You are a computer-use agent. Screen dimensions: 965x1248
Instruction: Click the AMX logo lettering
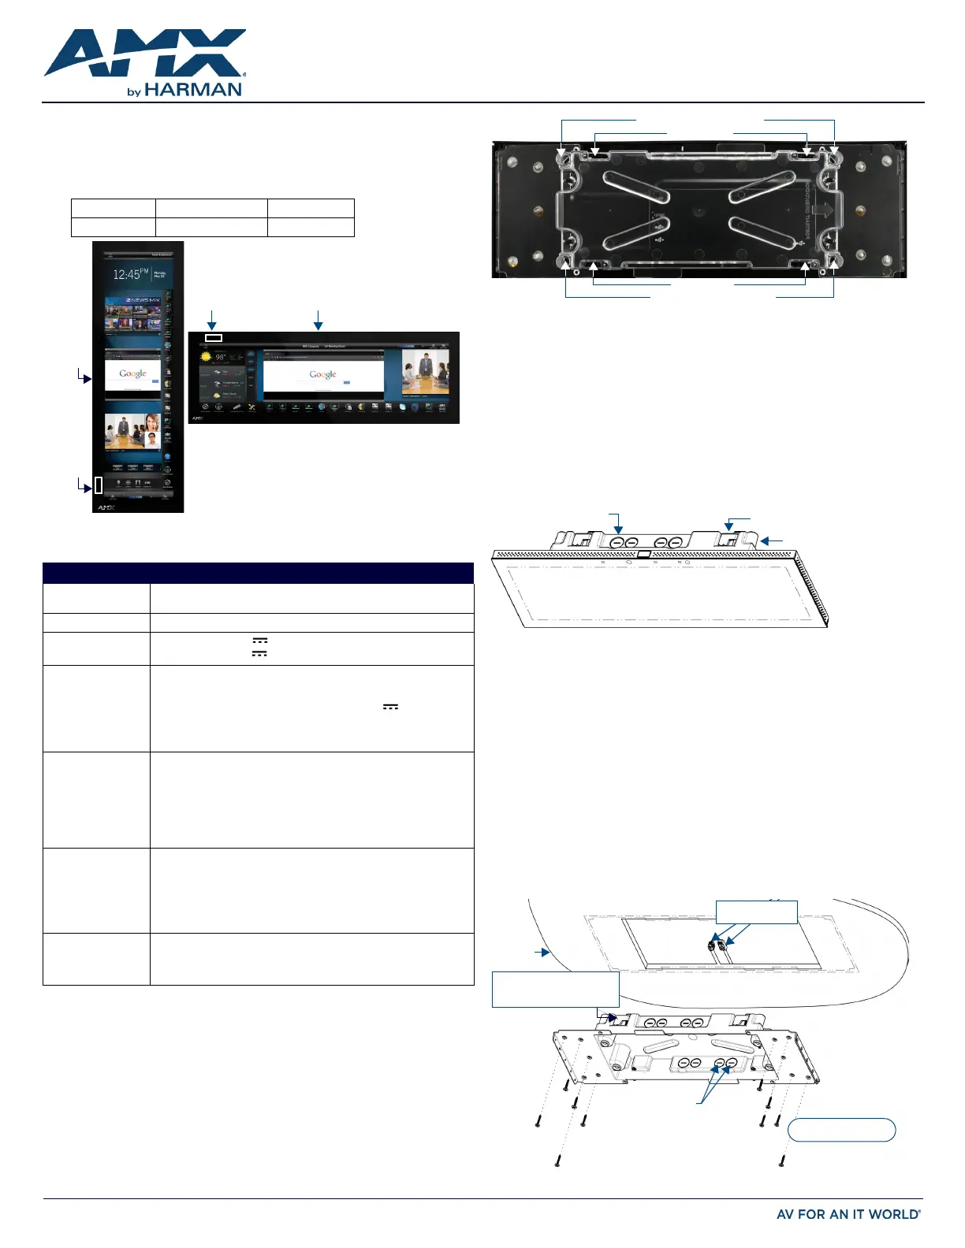click(x=145, y=53)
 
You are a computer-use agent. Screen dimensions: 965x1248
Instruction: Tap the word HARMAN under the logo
click(x=193, y=90)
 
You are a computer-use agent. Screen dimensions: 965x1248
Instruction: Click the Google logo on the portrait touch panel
click(x=132, y=373)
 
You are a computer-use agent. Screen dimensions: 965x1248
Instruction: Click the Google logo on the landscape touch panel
click(x=322, y=374)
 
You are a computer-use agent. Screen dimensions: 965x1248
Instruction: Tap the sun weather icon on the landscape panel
click(x=207, y=356)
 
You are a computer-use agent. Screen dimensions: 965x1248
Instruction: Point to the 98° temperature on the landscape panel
click(x=222, y=357)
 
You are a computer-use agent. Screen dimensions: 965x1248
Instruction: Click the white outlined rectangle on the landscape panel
click(x=214, y=338)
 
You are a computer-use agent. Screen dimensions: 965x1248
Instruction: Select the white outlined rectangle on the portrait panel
click(x=99, y=485)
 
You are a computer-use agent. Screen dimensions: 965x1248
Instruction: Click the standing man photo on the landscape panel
click(x=426, y=373)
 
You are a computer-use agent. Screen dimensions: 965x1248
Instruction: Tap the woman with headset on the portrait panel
click(x=151, y=430)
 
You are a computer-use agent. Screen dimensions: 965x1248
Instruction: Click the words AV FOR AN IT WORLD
click(x=848, y=1214)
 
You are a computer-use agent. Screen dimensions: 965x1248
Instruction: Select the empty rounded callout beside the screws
click(x=842, y=1130)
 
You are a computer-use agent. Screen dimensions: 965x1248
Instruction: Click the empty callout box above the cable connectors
click(x=756, y=912)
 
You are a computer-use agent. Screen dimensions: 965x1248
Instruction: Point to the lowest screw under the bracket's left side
click(x=557, y=1160)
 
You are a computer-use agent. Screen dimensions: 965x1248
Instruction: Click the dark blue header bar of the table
click(x=258, y=573)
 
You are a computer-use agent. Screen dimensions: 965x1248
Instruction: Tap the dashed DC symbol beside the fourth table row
click(x=390, y=707)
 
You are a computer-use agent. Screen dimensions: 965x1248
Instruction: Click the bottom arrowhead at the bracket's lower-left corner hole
click(x=566, y=263)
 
